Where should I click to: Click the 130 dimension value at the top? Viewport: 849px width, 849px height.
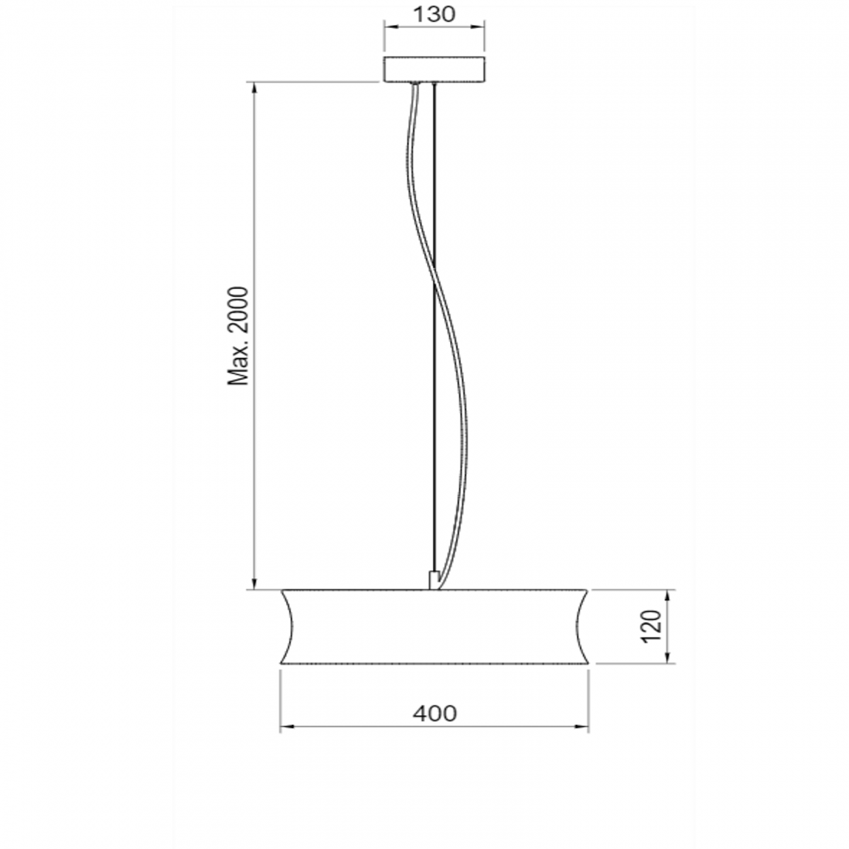(x=434, y=14)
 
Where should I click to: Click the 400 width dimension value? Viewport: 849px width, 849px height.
(x=435, y=713)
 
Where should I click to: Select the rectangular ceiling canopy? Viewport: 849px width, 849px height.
(x=434, y=69)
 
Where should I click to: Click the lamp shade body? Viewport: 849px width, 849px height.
(x=434, y=627)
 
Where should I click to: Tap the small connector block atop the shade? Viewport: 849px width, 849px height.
(x=432, y=580)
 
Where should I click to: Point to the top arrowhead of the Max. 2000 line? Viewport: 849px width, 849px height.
(x=254, y=88)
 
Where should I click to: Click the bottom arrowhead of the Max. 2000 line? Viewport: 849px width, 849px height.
(x=254, y=585)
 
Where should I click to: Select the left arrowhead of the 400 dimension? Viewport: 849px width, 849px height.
(x=285, y=726)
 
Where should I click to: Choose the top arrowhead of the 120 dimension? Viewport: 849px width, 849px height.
(x=667, y=595)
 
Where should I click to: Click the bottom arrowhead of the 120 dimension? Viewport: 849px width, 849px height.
(x=667, y=658)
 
